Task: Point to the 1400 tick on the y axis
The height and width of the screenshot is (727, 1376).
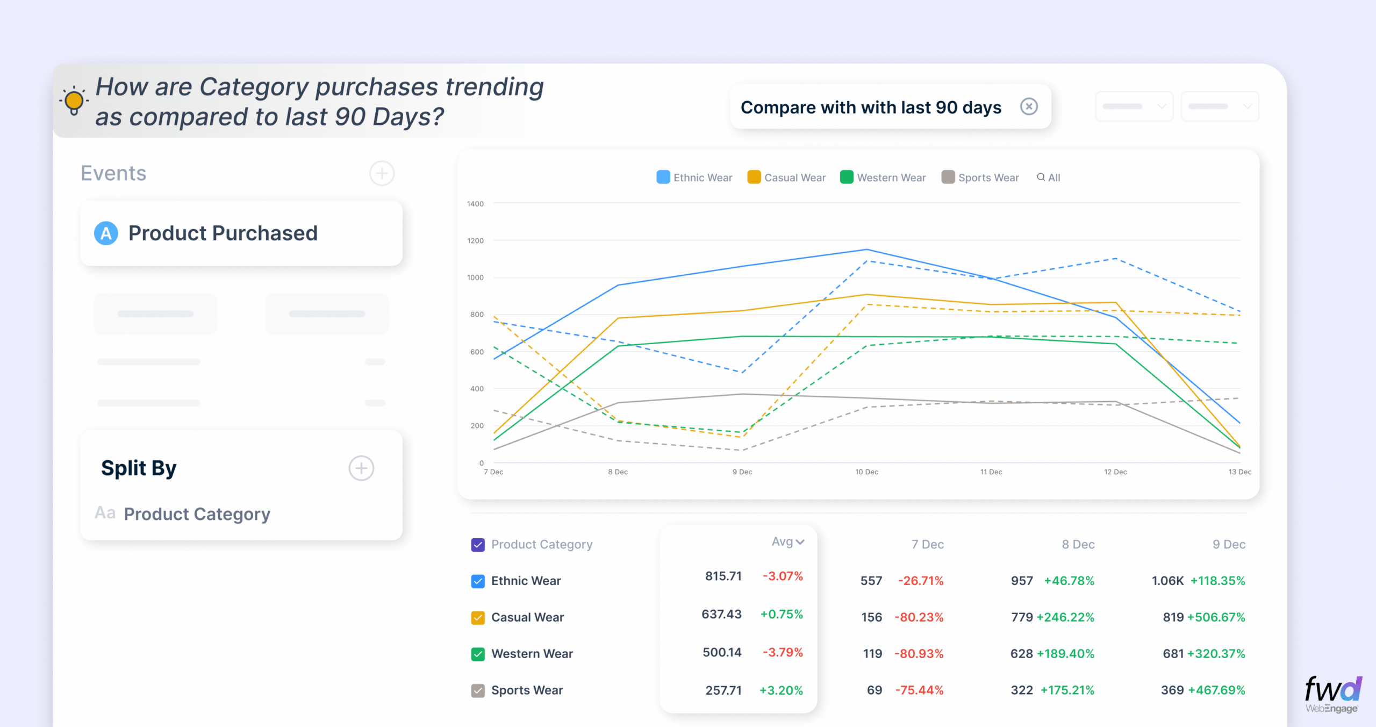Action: tap(475, 204)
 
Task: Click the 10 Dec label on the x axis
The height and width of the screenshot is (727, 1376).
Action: tap(866, 472)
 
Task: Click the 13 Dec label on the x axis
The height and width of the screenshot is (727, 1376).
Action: tap(1239, 472)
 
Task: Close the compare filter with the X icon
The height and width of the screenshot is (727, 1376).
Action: tap(1029, 106)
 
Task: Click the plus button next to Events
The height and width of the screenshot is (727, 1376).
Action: tap(382, 173)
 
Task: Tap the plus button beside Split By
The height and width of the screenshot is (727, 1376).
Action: tap(361, 468)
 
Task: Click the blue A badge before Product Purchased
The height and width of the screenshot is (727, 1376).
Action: tap(106, 233)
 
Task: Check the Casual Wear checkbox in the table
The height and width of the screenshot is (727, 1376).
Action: tap(478, 617)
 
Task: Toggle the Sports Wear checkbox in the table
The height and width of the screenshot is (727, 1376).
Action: tap(478, 690)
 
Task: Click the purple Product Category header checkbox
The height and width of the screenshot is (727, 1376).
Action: tap(478, 545)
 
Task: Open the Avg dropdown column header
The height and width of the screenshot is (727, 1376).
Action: tap(787, 542)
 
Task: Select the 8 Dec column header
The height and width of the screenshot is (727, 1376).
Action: tap(1078, 544)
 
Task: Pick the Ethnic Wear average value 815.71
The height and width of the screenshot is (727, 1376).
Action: tap(723, 576)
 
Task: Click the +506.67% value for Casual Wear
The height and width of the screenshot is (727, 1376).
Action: tap(1216, 617)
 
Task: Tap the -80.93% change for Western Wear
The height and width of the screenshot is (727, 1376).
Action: tap(919, 654)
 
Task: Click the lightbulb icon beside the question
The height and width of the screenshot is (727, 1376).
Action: tap(74, 101)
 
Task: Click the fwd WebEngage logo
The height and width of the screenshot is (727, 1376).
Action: tap(1332, 694)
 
